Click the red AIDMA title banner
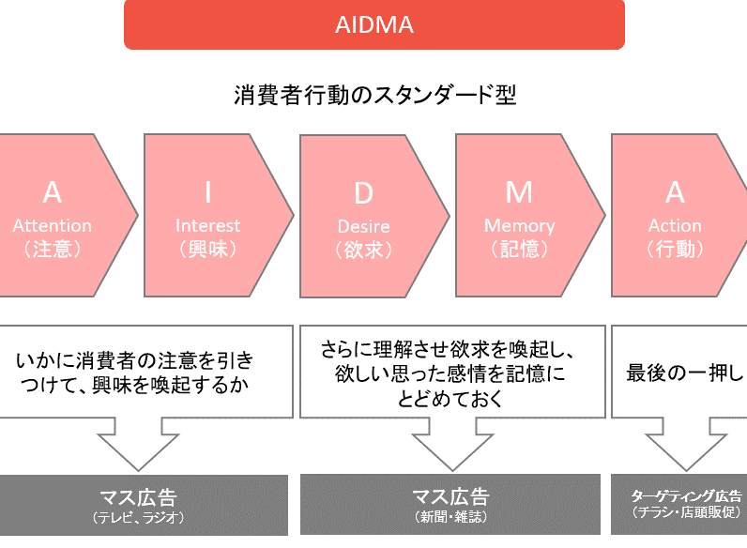[x=374, y=24]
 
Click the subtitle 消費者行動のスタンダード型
[x=374, y=96]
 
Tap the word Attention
[x=53, y=226]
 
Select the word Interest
[x=208, y=226]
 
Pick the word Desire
[x=363, y=227]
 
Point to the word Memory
[x=519, y=226]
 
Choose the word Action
[x=675, y=226]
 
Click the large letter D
[x=363, y=193]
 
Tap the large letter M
[x=519, y=193]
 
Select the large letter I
[x=208, y=193]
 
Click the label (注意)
[x=53, y=250]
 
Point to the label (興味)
[x=208, y=250]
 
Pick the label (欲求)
[x=363, y=250]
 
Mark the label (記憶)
[x=519, y=250]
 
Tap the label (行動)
[x=675, y=250]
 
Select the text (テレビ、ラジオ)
[x=138, y=517]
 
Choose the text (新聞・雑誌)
[x=450, y=517]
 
